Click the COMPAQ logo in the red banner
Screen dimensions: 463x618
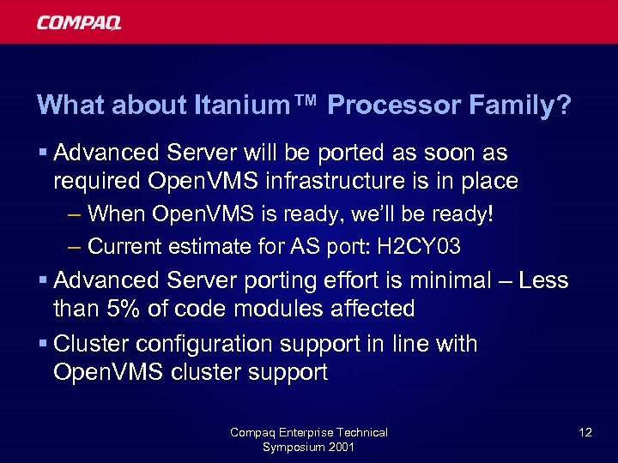(x=78, y=22)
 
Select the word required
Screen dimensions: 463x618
(x=95, y=181)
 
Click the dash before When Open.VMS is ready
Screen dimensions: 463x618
(x=75, y=213)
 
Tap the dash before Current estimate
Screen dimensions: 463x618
(x=75, y=247)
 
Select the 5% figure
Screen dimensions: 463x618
(x=130, y=308)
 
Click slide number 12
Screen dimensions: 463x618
(x=585, y=432)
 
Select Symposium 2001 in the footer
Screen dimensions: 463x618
(x=308, y=447)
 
